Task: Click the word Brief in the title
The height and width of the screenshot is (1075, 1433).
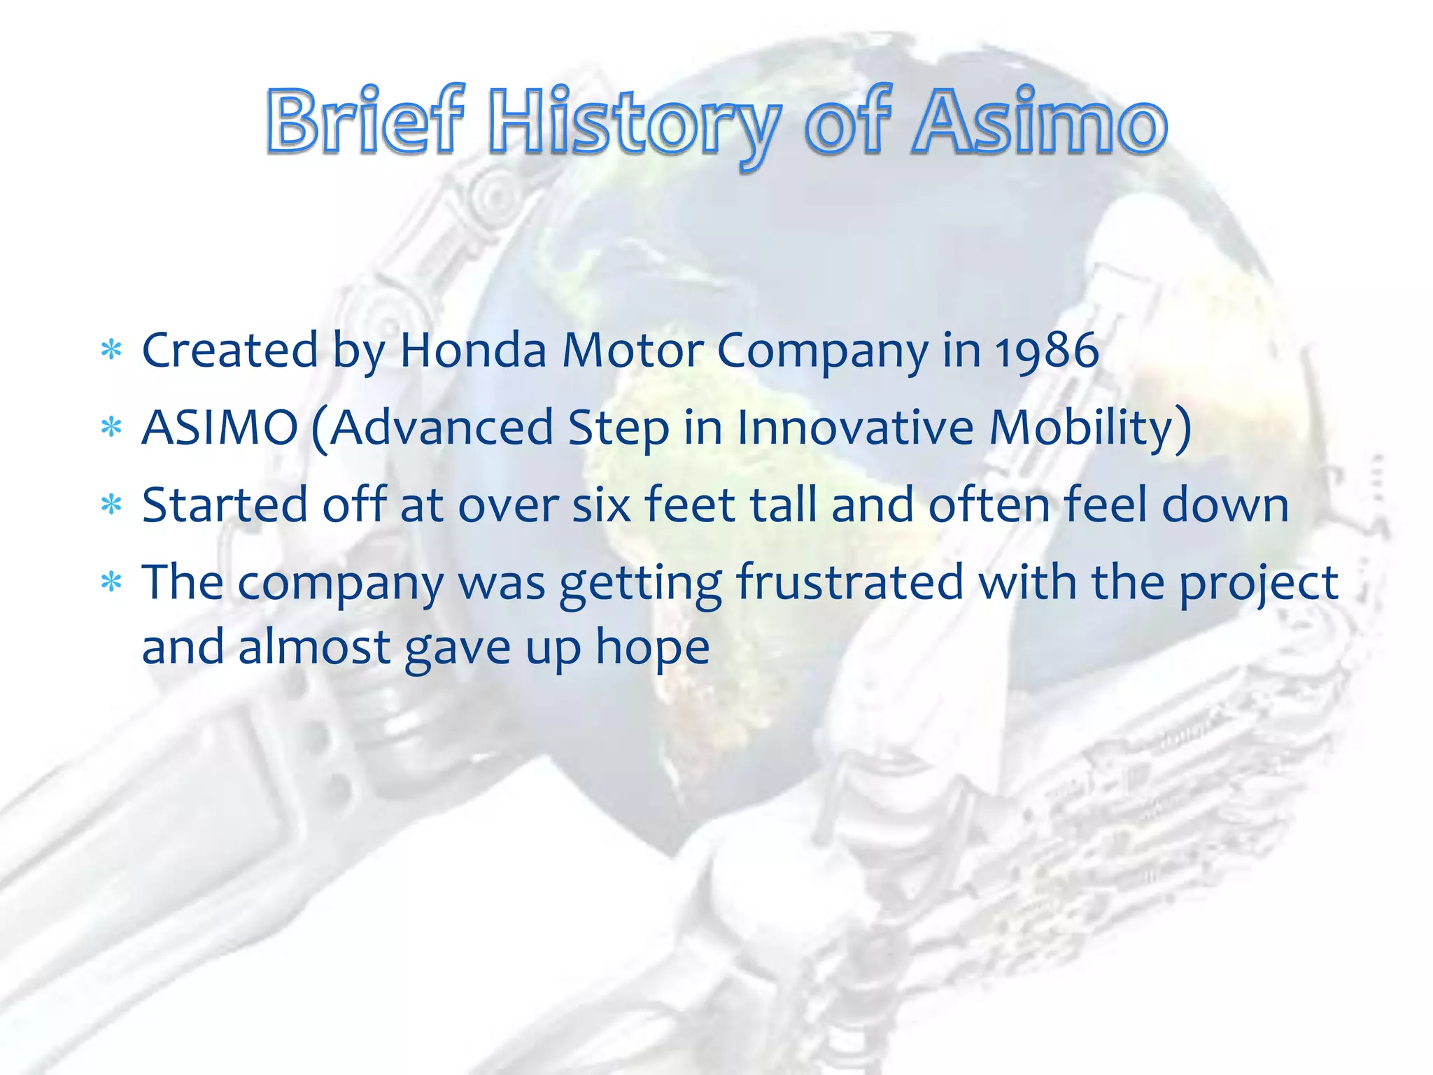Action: [364, 121]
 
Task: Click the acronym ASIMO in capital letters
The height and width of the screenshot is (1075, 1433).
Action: [220, 428]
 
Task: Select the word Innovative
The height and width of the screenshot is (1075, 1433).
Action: [855, 428]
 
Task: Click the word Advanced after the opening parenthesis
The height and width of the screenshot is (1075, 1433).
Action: [441, 428]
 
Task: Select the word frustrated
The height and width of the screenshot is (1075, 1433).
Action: [849, 582]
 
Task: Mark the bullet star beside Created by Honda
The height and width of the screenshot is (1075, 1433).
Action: [111, 349]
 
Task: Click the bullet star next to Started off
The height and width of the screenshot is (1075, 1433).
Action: [111, 504]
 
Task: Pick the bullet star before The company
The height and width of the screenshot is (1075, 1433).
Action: [111, 582]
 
